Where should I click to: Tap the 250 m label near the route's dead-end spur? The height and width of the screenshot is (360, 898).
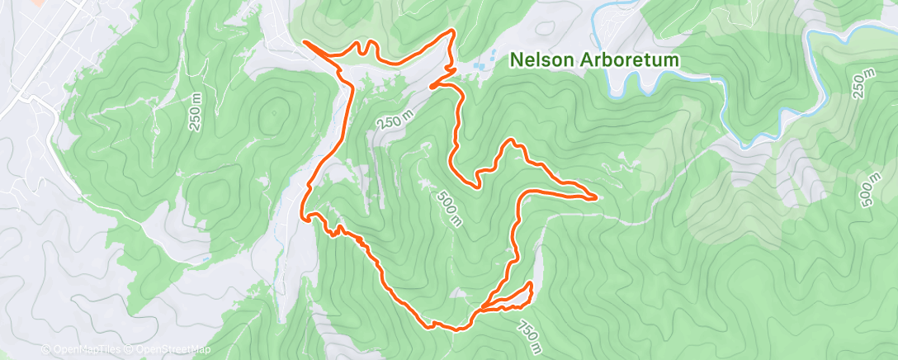(395, 121)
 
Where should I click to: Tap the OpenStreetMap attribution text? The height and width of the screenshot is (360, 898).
(169, 349)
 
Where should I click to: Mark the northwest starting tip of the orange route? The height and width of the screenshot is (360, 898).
(305, 41)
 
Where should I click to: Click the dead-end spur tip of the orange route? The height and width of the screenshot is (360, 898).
(431, 86)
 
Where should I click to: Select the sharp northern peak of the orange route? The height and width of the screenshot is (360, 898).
(452, 31)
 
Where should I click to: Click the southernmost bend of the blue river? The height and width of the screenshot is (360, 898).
(747, 145)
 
